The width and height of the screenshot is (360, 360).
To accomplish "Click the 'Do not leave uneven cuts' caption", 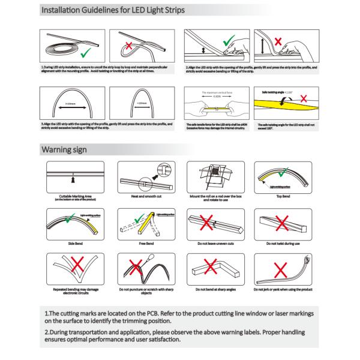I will click(212, 244).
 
